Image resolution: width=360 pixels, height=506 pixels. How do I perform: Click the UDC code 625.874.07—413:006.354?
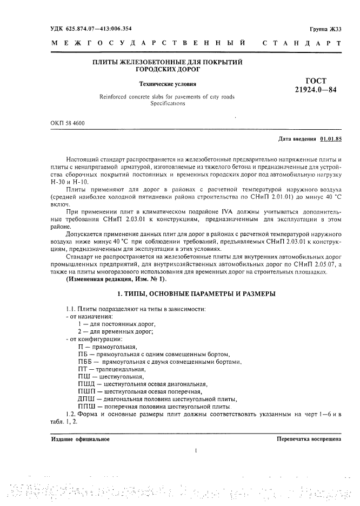point(91,28)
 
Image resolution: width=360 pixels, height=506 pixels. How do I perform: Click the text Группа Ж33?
point(326,29)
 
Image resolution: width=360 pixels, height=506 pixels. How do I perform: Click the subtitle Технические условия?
point(168,84)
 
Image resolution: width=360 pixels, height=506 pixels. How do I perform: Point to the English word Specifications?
point(168,103)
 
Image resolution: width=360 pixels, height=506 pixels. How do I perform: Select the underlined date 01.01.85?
point(331,139)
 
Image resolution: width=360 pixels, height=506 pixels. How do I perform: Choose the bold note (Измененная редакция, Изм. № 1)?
point(117,278)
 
